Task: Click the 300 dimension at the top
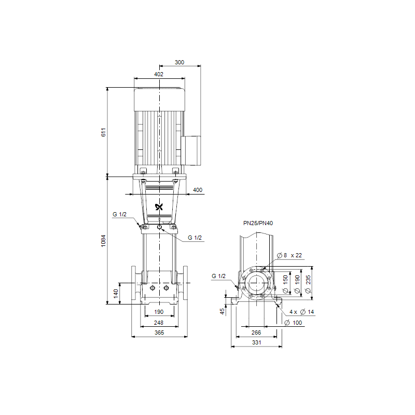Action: click(179, 62)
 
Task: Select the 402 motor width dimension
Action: click(159, 74)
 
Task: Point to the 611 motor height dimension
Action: click(103, 132)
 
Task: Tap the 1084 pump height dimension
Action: click(103, 241)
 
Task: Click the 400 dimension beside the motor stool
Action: click(198, 190)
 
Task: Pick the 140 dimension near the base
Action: click(116, 294)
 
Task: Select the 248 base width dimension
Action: click(159, 323)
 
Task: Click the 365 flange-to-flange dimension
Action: click(159, 333)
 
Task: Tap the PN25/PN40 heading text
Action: click(258, 223)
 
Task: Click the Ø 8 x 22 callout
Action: click(289, 255)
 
